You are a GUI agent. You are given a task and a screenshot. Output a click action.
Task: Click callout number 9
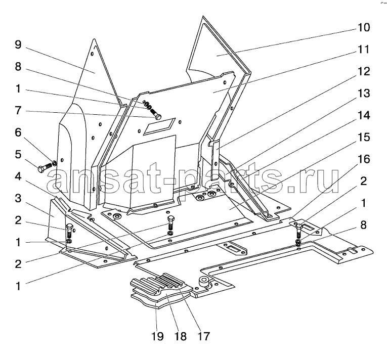pos(18,44)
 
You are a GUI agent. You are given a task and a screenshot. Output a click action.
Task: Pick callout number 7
pos(18,111)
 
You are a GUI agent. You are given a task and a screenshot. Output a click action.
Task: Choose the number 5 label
pos(18,155)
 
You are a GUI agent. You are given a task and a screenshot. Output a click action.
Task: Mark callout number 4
pos(18,176)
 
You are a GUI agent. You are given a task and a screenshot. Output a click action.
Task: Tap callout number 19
pos(157,336)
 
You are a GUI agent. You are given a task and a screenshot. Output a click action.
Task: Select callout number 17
pos(203,336)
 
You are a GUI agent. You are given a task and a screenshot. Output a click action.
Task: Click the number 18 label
pos(181,336)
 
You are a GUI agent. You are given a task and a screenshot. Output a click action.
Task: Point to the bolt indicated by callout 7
pos(154,113)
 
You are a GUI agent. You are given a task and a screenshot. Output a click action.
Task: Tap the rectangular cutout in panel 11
pos(159,126)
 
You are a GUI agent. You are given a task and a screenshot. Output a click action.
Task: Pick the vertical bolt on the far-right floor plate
pos(299,230)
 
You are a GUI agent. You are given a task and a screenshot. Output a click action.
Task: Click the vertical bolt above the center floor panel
pos(170,223)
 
